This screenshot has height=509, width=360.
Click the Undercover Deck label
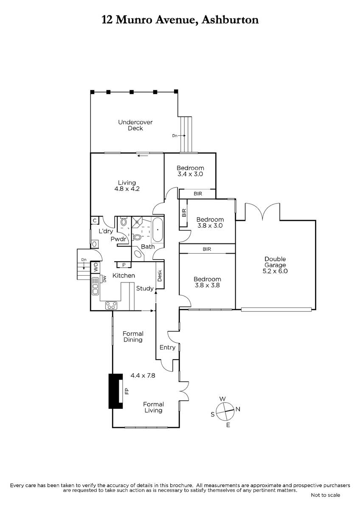[x=135, y=125]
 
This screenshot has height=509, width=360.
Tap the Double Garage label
[x=275, y=262]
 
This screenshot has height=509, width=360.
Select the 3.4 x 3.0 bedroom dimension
[x=190, y=174]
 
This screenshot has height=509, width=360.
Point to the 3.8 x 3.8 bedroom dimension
[x=207, y=285]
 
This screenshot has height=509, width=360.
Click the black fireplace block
[x=115, y=391]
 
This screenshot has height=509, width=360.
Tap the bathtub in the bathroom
[x=157, y=230]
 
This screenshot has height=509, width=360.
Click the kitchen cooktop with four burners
[x=111, y=305]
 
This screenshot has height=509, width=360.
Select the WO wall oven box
[x=96, y=267]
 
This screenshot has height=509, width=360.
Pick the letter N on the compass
[x=238, y=409]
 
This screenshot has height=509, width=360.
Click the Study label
[x=145, y=288]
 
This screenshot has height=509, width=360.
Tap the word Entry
[x=167, y=347]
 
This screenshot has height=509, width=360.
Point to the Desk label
[x=160, y=275]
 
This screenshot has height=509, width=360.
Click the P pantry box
[x=124, y=265]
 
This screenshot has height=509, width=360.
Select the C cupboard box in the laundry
[x=95, y=221]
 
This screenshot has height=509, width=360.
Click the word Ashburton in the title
[x=230, y=20]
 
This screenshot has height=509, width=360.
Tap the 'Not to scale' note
[x=326, y=495]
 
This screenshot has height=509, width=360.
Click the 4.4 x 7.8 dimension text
[x=143, y=375]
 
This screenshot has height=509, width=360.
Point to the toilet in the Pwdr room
[x=124, y=222]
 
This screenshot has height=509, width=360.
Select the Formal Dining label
[x=133, y=337]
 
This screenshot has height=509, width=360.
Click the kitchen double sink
[x=95, y=286]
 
